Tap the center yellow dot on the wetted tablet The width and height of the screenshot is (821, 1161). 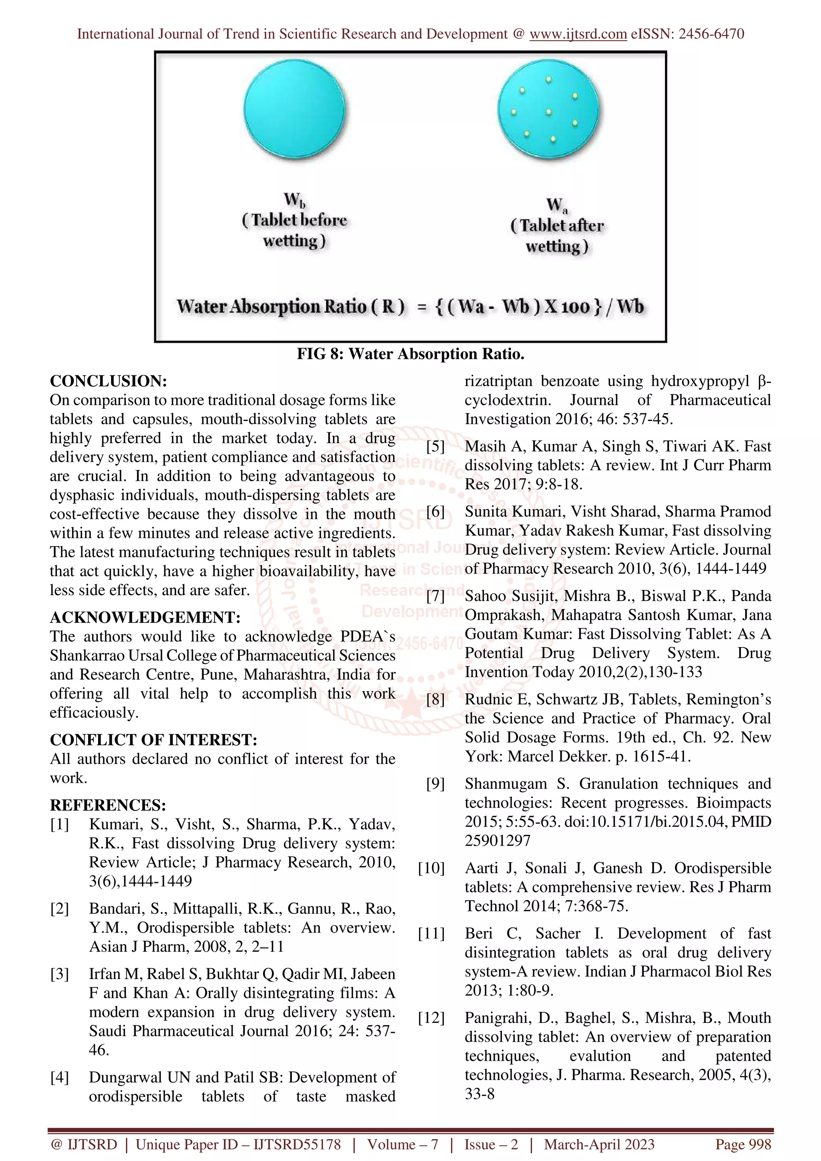(548, 112)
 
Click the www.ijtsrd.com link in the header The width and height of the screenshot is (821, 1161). (578, 34)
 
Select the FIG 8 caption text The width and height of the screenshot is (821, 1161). (410, 353)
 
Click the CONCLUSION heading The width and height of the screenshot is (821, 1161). (108, 381)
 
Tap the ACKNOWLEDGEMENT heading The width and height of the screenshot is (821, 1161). (145, 617)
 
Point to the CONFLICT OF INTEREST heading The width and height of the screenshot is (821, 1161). (153, 740)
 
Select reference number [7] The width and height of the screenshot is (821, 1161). (435, 596)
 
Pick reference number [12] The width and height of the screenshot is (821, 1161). (431, 1018)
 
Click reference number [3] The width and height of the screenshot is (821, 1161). (59, 974)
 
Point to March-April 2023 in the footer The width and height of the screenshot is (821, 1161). (599, 1144)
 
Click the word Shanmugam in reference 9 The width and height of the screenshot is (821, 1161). (506, 784)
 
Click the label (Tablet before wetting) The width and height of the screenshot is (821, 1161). (294, 230)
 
